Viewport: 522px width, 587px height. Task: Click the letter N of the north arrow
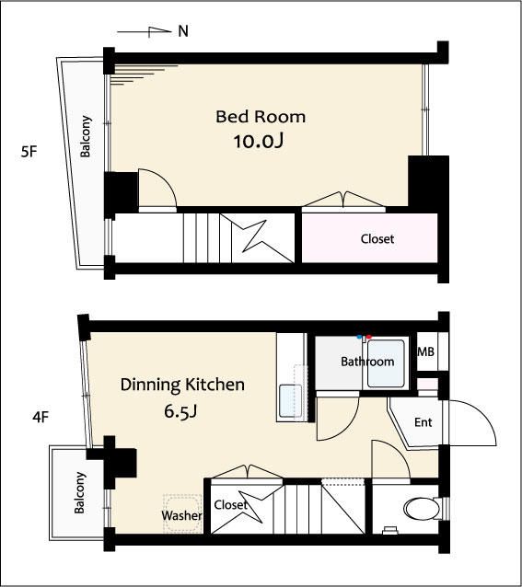click(183, 31)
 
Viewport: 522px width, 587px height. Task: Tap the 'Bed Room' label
click(261, 117)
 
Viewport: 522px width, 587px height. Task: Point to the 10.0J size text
click(259, 141)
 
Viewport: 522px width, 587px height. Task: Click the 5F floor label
click(29, 152)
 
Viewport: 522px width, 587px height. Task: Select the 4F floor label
click(41, 417)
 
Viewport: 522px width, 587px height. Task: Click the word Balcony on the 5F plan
click(86, 136)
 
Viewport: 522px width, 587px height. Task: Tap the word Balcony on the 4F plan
click(79, 492)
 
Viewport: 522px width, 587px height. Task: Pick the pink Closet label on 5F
click(377, 239)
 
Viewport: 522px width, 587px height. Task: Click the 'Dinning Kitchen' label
click(182, 386)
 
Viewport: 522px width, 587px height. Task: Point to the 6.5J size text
click(180, 411)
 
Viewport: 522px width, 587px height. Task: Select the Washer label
click(181, 515)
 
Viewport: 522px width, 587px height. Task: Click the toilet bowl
click(422, 509)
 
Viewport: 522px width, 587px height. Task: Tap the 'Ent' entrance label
click(423, 422)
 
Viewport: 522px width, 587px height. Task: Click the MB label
click(425, 351)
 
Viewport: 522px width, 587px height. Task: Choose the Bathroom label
click(367, 362)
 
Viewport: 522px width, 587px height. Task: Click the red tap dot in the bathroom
click(369, 337)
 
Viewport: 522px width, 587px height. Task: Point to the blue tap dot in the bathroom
click(359, 337)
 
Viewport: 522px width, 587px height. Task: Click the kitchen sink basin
click(291, 401)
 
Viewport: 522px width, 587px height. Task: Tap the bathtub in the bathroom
click(386, 363)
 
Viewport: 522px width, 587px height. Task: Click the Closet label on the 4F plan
click(231, 504)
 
